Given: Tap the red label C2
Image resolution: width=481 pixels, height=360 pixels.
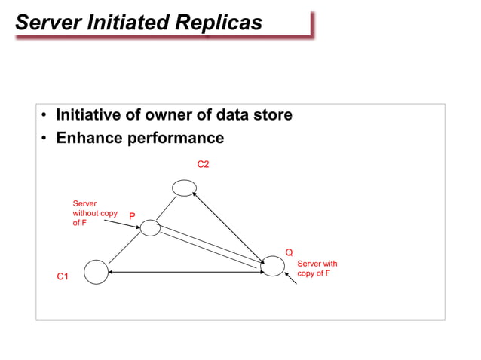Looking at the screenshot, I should [203, 163].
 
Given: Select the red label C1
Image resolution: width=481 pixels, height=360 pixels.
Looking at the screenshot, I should [63, 277].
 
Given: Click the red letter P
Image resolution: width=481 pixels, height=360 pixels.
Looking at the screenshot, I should [132, 216].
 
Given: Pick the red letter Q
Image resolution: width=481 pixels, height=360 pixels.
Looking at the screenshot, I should [289, 252].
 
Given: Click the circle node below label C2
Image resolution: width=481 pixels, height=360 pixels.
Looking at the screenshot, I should [184, 187].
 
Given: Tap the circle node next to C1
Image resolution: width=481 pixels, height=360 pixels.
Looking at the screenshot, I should [97, 271].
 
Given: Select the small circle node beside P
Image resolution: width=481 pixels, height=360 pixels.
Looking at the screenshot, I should [151, 227].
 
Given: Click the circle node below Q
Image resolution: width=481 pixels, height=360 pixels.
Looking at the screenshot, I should [272, 266].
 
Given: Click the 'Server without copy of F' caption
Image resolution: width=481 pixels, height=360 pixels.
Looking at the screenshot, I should [89, 213].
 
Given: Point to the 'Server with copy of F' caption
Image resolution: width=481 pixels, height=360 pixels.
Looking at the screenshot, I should [317, 269].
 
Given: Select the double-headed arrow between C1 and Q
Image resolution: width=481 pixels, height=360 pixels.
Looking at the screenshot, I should [185, 271].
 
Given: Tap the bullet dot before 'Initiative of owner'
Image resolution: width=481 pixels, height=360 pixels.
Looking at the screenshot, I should [45, 116].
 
